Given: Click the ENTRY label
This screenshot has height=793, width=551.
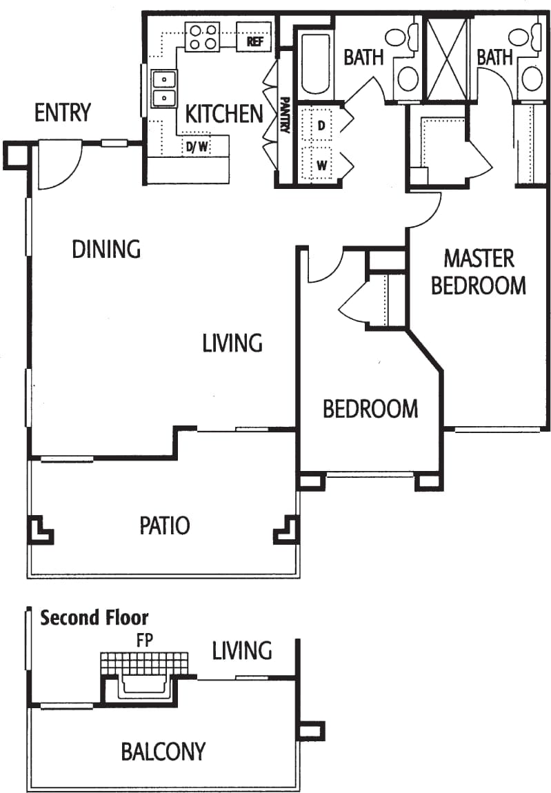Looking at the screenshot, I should click(x=63, y=112).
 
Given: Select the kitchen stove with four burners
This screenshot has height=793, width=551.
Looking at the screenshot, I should click(x=202, y=37).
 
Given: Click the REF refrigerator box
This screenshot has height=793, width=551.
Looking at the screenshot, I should click(x=254, y=41).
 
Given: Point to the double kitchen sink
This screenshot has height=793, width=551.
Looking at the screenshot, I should click(x=163, y=89).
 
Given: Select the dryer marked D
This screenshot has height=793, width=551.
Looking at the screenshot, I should click(x=321, y=126).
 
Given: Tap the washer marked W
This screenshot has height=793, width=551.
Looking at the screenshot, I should click(x=321, y=165).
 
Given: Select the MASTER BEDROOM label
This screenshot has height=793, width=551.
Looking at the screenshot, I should click(x=479, y=272).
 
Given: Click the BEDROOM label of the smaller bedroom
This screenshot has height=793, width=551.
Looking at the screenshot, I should click(x=370, y=409).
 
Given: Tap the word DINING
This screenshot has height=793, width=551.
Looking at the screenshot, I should click(x=106, y=249).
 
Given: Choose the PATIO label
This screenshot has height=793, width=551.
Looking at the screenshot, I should click(x=164, y=525).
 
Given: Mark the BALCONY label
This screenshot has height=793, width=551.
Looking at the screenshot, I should click(x=163, y=751).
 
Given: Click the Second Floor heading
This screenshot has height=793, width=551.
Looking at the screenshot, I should click(x=94, y=617).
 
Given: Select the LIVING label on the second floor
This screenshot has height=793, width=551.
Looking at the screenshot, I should click(x=241, y=650).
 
